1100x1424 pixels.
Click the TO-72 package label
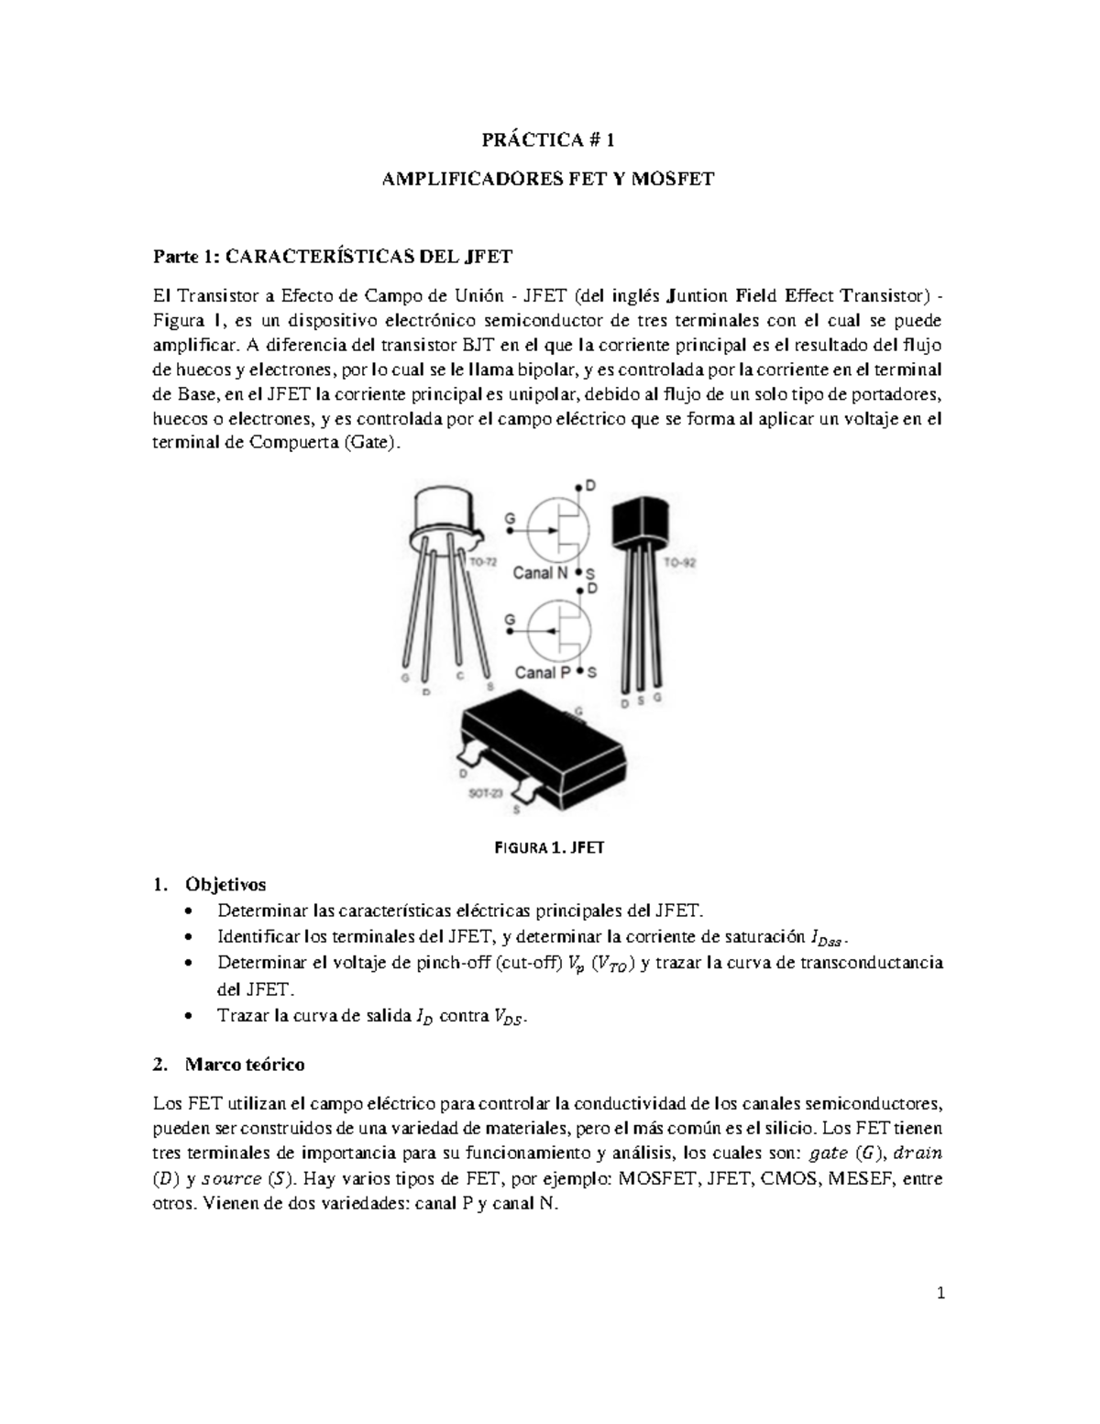pos(483,561)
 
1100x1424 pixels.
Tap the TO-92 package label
pos(679,563)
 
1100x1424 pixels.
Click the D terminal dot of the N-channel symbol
pos(577,486)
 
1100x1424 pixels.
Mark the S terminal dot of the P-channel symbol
pos(577,672)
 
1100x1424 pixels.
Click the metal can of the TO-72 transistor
pos(448,509)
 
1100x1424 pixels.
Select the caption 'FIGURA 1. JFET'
pos(549,848)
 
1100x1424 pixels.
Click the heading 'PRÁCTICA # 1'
pos(547,140)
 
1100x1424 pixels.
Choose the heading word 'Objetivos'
pos(225,885)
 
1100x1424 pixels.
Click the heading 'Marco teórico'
pos(245,1065)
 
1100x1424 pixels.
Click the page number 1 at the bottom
pos(940,1295)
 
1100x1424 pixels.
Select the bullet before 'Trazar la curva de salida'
pos(188,1016)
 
